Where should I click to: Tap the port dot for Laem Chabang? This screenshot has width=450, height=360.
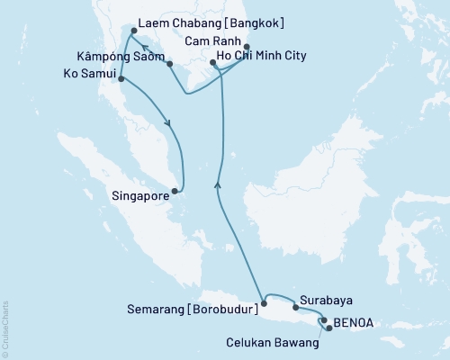pos(133,31)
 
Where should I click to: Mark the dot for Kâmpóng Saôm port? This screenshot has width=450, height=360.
pos(170,64)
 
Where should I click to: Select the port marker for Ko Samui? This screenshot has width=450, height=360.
pos(120,79)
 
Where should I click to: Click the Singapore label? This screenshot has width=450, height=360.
pos(138,193)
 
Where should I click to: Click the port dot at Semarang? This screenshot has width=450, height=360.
pos(264,303)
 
